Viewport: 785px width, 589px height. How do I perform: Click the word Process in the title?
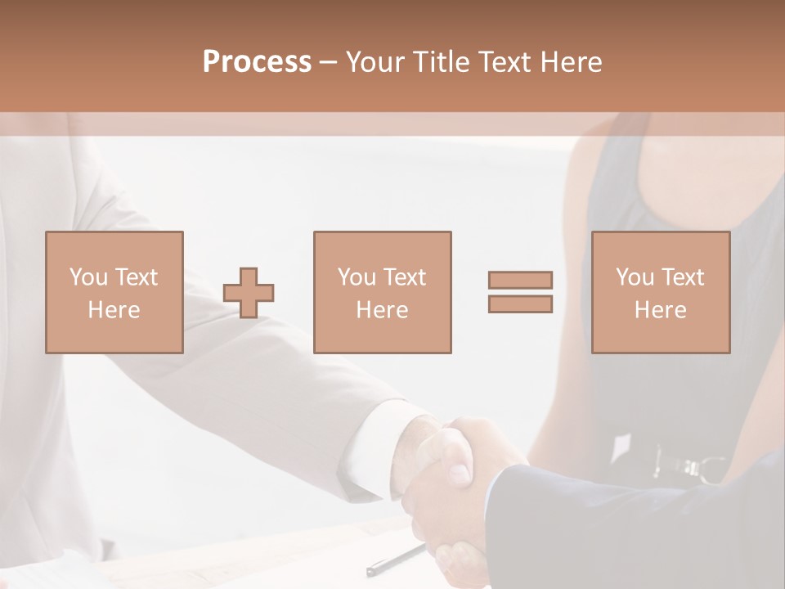[257, 62]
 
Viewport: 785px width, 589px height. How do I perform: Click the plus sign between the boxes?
[249, 293]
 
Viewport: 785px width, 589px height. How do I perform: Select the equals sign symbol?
[520, 292]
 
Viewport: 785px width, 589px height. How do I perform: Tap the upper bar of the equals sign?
[520, 281]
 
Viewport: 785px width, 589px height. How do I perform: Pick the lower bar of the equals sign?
[520, 303]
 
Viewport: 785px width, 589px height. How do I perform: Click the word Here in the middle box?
[382, 310]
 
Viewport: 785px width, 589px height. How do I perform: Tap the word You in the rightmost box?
[635, 277]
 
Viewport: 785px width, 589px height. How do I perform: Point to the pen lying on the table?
[396, 560]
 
